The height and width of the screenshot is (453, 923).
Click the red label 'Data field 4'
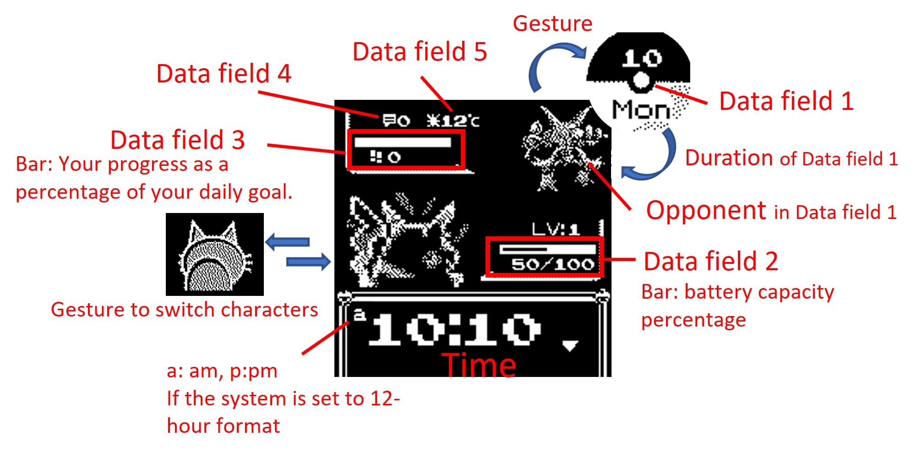(x=224, y=74)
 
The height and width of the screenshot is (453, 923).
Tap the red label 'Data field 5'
(x=420, y=51)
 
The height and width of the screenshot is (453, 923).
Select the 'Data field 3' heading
(x=178, y=140)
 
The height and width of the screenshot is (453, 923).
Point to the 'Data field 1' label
(x=786, y=101)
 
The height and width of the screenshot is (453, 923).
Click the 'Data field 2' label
(x=711, y=262)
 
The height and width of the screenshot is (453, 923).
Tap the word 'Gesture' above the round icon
(x=552, y=24)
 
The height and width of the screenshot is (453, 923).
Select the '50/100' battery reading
(x=553, y=264)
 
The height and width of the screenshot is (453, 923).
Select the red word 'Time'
(x=479, y=365)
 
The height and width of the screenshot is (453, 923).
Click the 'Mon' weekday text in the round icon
(x=641, y=110)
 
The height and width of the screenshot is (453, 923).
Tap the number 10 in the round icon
(x=642, y=58)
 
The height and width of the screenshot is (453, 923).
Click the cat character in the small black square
(x=214, y=256)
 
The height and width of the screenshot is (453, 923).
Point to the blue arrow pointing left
(x=287, y=241)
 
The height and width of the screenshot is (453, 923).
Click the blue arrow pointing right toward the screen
(x=308, y=262)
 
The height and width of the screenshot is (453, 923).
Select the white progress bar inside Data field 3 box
(x=402, y=142)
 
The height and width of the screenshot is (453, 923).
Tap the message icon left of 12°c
(x=389, y=120)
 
